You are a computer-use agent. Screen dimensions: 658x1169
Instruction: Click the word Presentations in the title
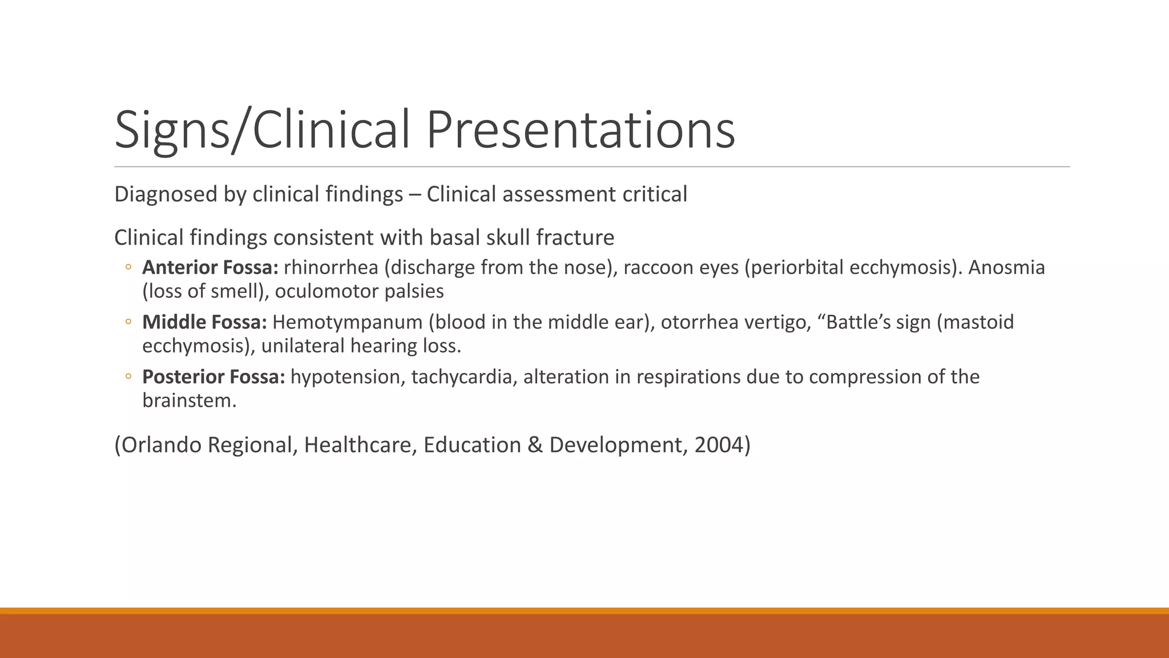pos(581,130)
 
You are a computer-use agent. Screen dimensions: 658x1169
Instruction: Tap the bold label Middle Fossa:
pos(204,322)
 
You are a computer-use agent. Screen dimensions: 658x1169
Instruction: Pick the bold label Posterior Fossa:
pos(213,377)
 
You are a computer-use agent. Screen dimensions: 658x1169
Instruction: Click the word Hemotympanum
pos(347,322)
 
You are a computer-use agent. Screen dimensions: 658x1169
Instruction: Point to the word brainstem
pos(188,401)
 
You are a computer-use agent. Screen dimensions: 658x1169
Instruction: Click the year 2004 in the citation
pos(719,445)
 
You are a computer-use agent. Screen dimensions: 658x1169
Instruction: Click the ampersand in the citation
pos(535,445)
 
